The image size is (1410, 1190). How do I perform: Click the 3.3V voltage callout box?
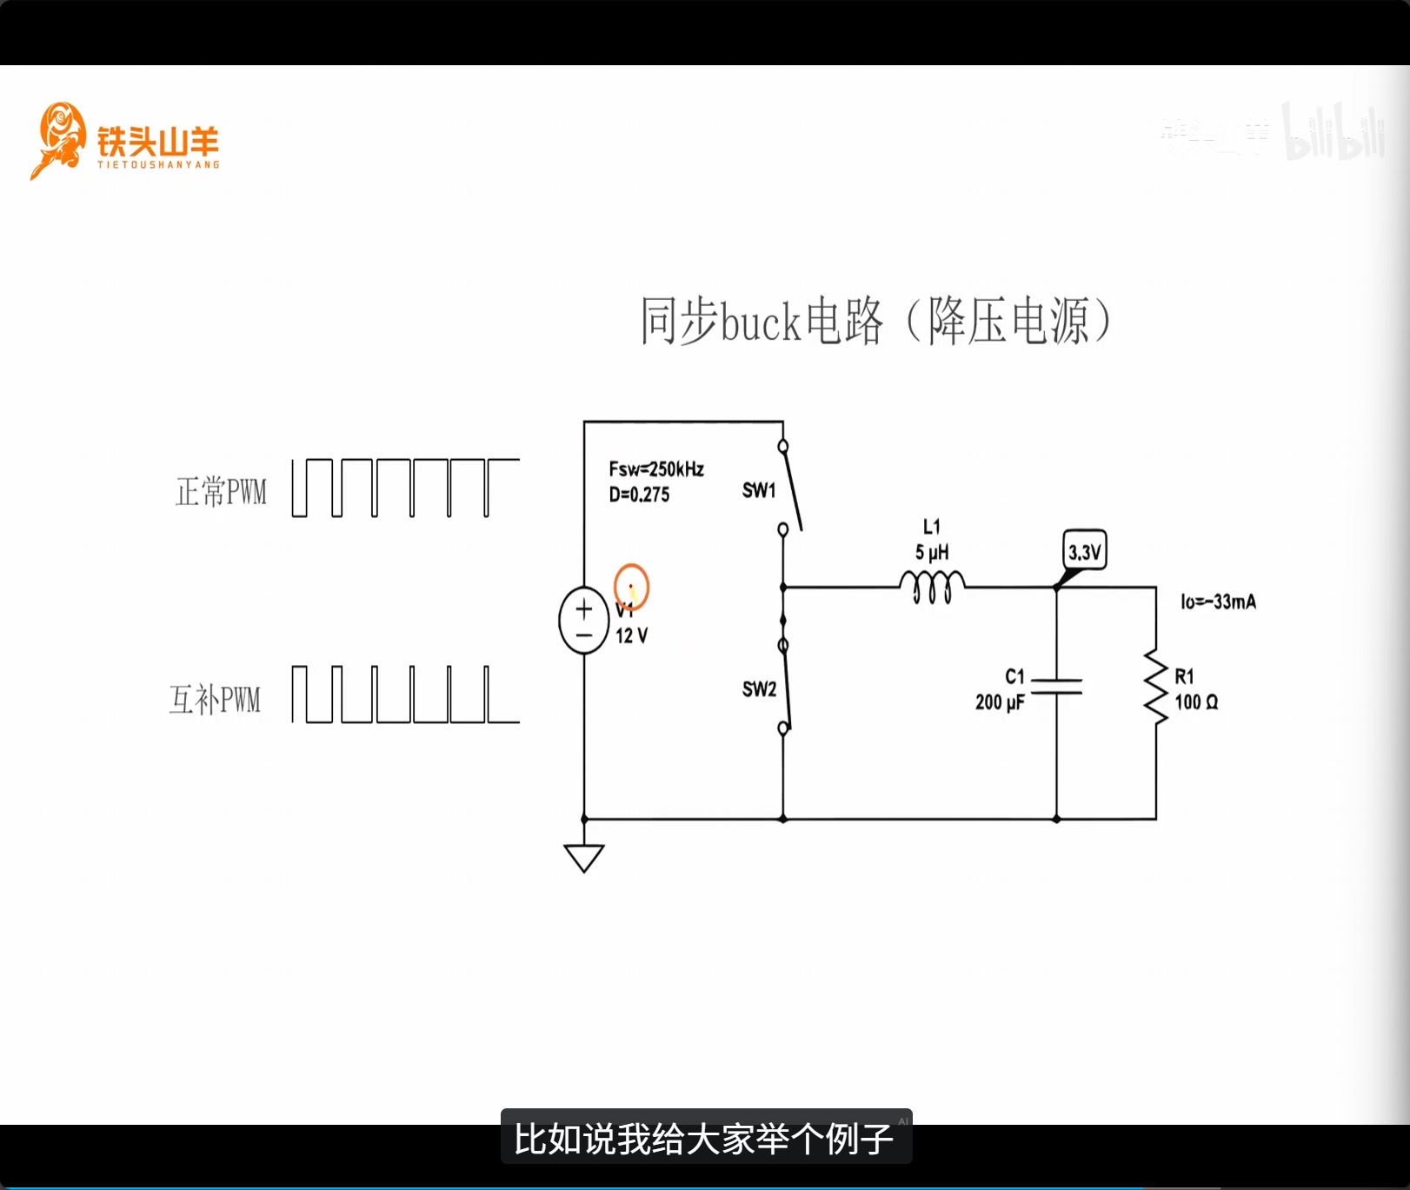[1085, 551]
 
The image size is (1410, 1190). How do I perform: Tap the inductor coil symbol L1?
[932, 587]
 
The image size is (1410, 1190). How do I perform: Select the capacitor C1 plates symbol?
[1056, 687]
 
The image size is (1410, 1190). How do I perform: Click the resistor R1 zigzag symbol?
[1156, 687]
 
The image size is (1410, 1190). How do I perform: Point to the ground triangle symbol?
[584, 857]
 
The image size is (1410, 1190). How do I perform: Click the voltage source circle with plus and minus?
[584, 621]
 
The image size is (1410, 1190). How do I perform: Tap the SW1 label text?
[759, 490]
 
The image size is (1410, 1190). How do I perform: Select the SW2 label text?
[759, 689]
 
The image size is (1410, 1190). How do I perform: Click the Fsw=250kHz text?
[656, 469]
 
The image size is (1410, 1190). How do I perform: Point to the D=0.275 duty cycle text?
[639, 495]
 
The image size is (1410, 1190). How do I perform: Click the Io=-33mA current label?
[1218, 602]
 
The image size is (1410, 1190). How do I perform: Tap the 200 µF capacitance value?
[1000, 702]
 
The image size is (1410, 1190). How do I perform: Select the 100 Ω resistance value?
[1196, 702]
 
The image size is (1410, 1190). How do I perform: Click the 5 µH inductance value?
[932, 553]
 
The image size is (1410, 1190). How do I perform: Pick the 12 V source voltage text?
[631, 636]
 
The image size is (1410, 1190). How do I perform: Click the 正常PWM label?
[221, 492]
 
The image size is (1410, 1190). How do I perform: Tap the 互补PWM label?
[215, 700]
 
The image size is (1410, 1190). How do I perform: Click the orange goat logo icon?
[58, 139]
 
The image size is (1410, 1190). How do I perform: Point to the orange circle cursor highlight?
[631, 587]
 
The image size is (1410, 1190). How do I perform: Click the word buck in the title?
[760, 322]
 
